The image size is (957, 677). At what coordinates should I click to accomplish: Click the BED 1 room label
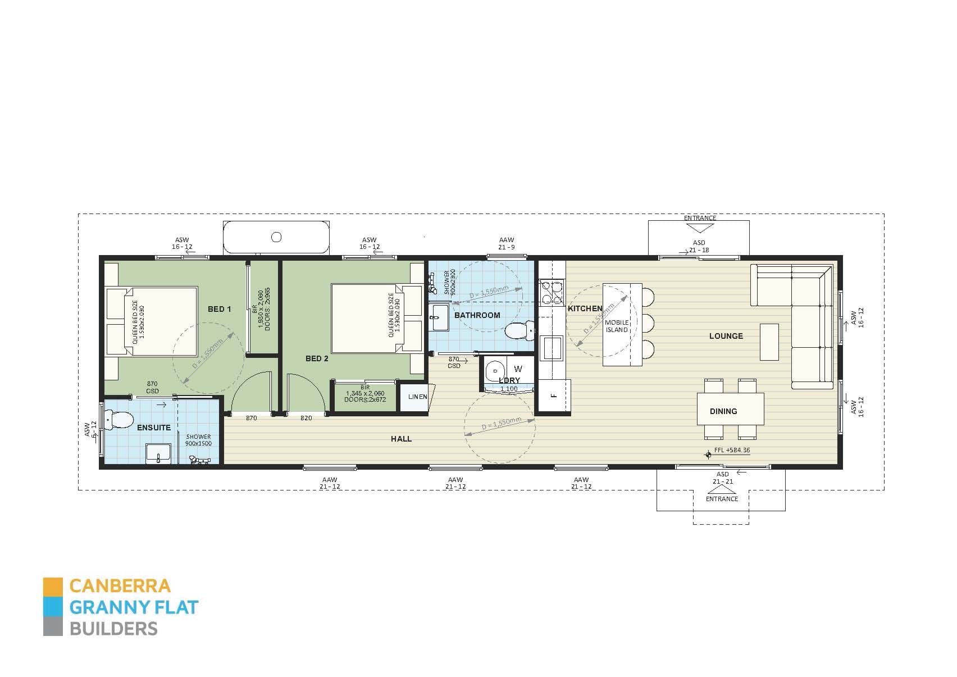click(219, 309)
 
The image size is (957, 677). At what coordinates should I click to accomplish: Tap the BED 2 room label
click(317, 358)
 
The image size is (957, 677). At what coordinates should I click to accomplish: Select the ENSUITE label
click(154, 428)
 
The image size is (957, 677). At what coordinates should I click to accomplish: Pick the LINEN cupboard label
click(417, 397)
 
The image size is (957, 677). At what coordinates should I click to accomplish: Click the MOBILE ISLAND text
click(617, 326)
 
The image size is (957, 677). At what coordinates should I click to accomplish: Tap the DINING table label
click(723, 411)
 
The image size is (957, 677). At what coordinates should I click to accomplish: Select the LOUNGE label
click(726, 336)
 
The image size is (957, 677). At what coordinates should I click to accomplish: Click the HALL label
click(401, 439)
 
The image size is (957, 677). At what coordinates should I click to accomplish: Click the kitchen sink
click(552, 347)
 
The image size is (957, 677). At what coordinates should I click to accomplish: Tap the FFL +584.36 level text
click(732, 450)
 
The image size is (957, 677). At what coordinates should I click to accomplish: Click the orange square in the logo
click(53, 585)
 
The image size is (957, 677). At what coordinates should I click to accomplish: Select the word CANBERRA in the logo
click(120, 585)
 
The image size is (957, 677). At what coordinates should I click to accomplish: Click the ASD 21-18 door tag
click(699, 246)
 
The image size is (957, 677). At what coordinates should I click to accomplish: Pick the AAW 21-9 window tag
click(506, 243)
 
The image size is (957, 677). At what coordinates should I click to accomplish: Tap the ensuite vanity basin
click(158, 453)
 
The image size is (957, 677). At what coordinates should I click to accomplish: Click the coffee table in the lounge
click(769, 342)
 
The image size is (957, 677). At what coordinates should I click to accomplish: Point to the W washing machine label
click(518, 369)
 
